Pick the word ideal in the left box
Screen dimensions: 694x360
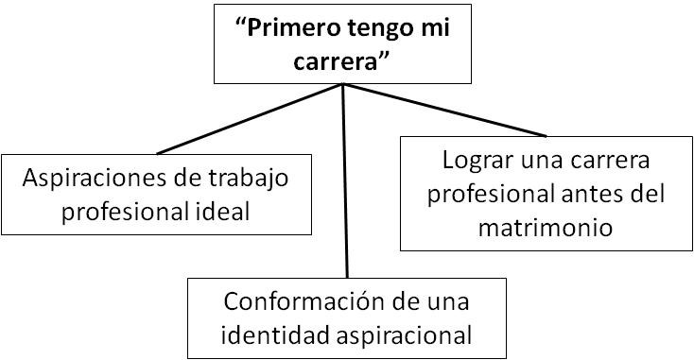(226, 211)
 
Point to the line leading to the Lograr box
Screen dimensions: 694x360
(444, 111)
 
